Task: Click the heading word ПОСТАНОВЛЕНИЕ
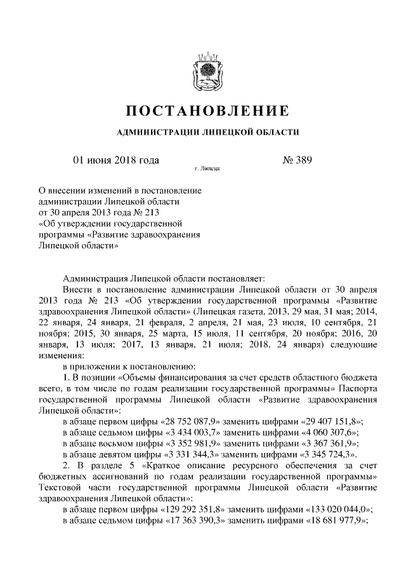coord(204,111)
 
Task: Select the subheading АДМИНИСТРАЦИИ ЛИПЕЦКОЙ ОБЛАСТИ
coord(204,132)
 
